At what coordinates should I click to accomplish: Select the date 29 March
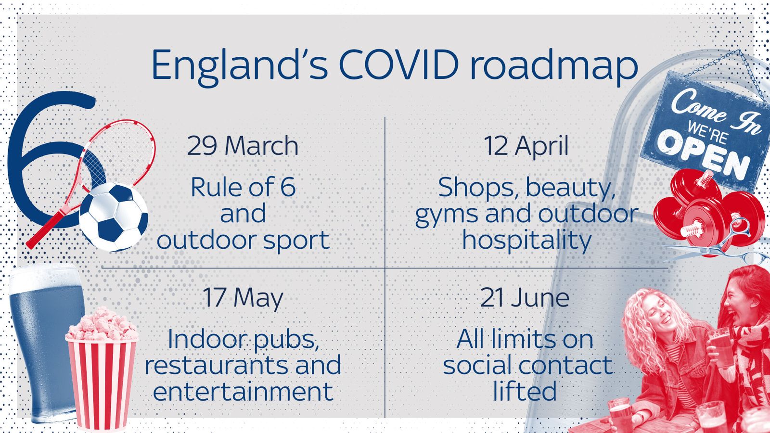(x=243, y=146)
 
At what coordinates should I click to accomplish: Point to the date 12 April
(x=526, y=146)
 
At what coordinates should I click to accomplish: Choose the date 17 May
(x=243, y=298)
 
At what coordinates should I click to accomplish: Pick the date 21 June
(x=525, y=298)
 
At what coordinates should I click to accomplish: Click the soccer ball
(x=114, y=217)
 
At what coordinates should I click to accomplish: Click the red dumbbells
(x=707, y=207)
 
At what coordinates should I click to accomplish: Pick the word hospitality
(x=526, y=240)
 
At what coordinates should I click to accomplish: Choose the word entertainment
(x=243, y=391)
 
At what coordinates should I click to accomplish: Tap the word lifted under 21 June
(x=525, y=391)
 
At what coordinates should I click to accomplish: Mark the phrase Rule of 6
(x=243, y=187)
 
